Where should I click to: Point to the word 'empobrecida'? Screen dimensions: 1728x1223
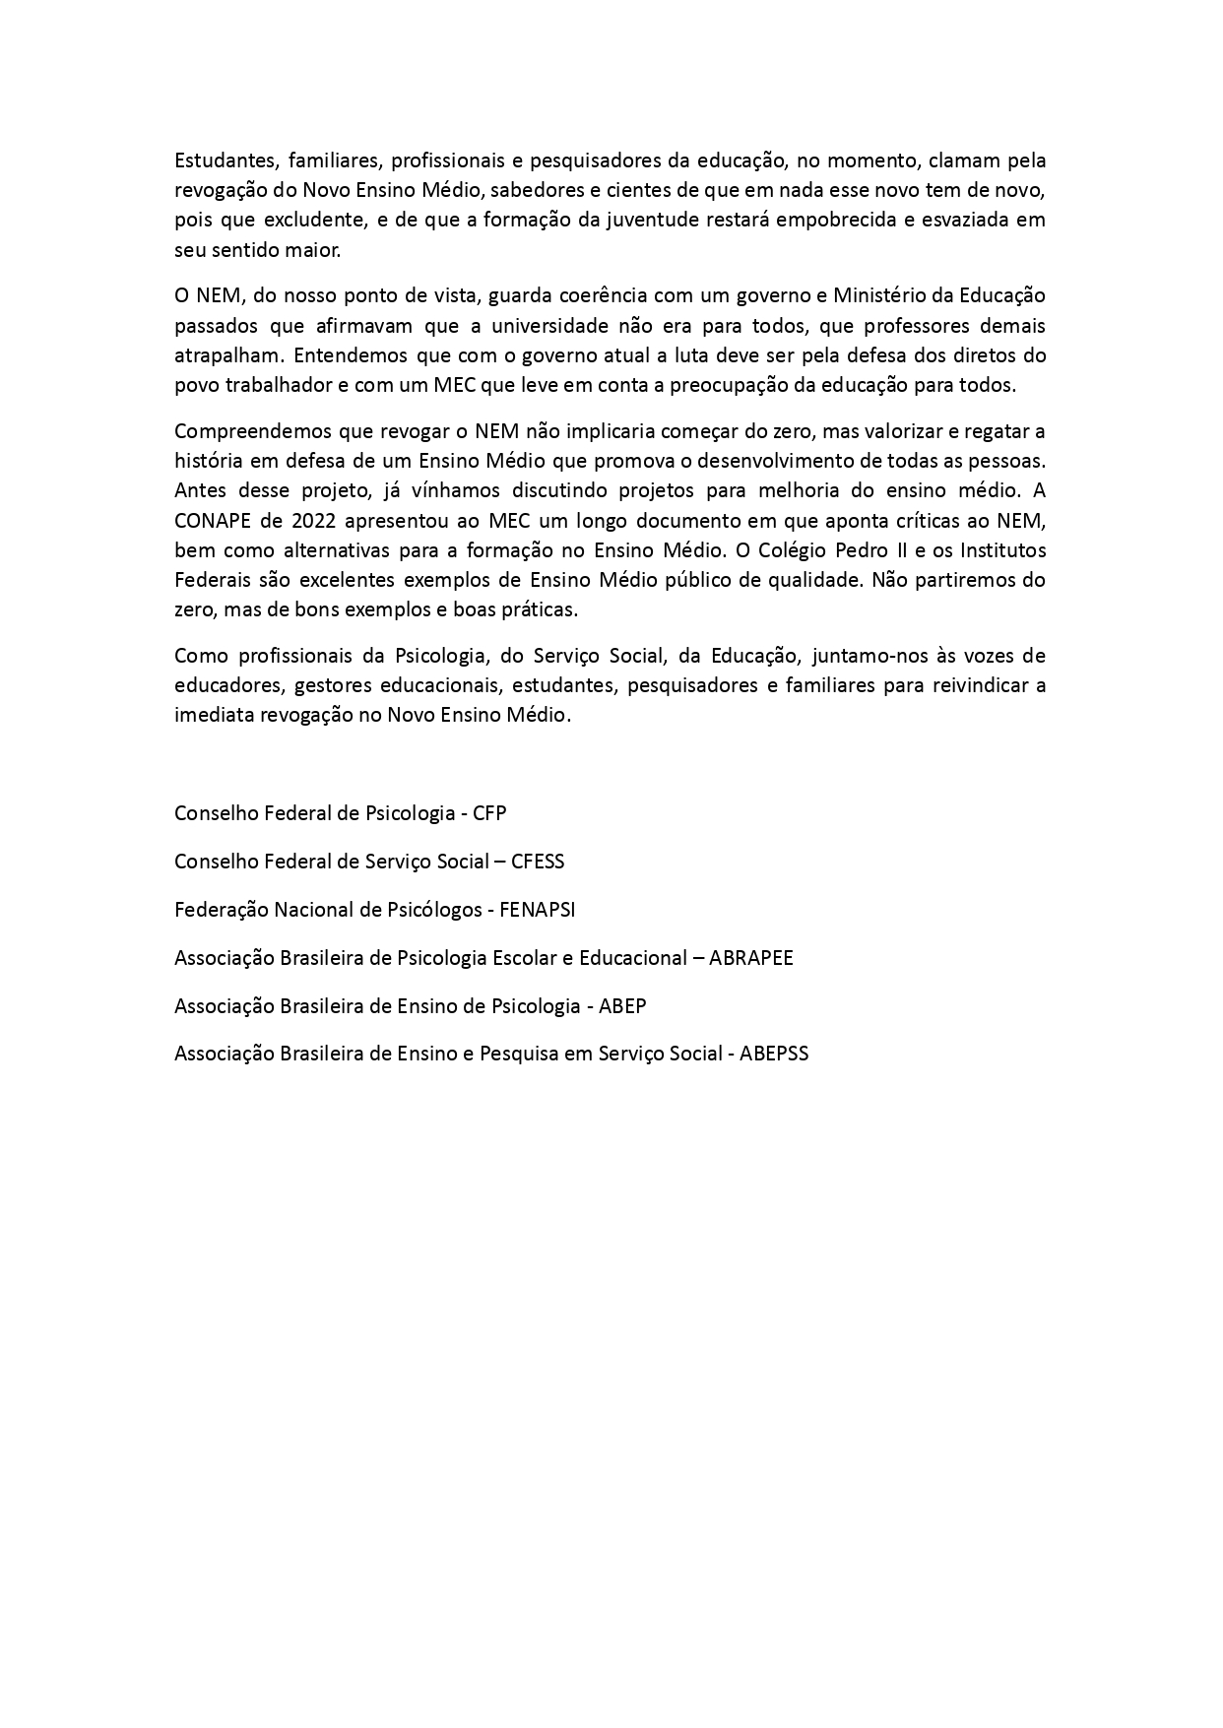tap(828, 220)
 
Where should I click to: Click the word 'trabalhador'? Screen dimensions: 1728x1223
tap(277, 384)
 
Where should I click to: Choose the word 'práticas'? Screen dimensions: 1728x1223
tap(540, 608)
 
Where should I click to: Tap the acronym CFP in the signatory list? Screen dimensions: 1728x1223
tap(489, 813)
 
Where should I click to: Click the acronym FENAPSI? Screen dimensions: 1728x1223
tap(538, 909)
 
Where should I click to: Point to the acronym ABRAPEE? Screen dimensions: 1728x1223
tap(751, 957)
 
